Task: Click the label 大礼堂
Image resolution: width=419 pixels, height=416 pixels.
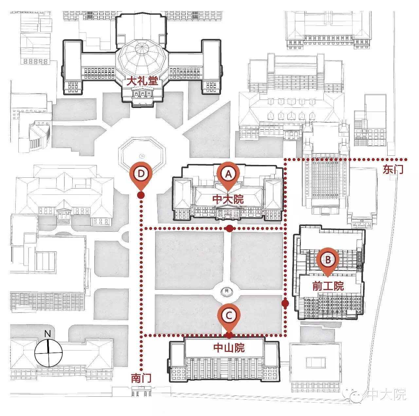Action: coord(142,81)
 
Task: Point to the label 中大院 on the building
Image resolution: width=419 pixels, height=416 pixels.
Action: coord(228,199)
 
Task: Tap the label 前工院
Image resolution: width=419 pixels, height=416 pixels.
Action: coord(328,286)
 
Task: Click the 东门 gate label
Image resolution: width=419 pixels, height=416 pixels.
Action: coord(393,169)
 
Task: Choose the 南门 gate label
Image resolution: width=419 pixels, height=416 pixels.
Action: coord(141,379)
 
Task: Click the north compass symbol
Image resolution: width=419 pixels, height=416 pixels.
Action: coord(48,353)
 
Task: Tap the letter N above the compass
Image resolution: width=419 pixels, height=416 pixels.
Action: coord(47,334)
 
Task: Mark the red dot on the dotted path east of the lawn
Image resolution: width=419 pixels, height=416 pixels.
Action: coord(285,303)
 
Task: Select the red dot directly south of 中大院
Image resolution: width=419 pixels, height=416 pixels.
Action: coord(229,228)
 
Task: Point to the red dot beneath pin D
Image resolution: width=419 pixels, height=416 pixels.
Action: coord(141,195)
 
